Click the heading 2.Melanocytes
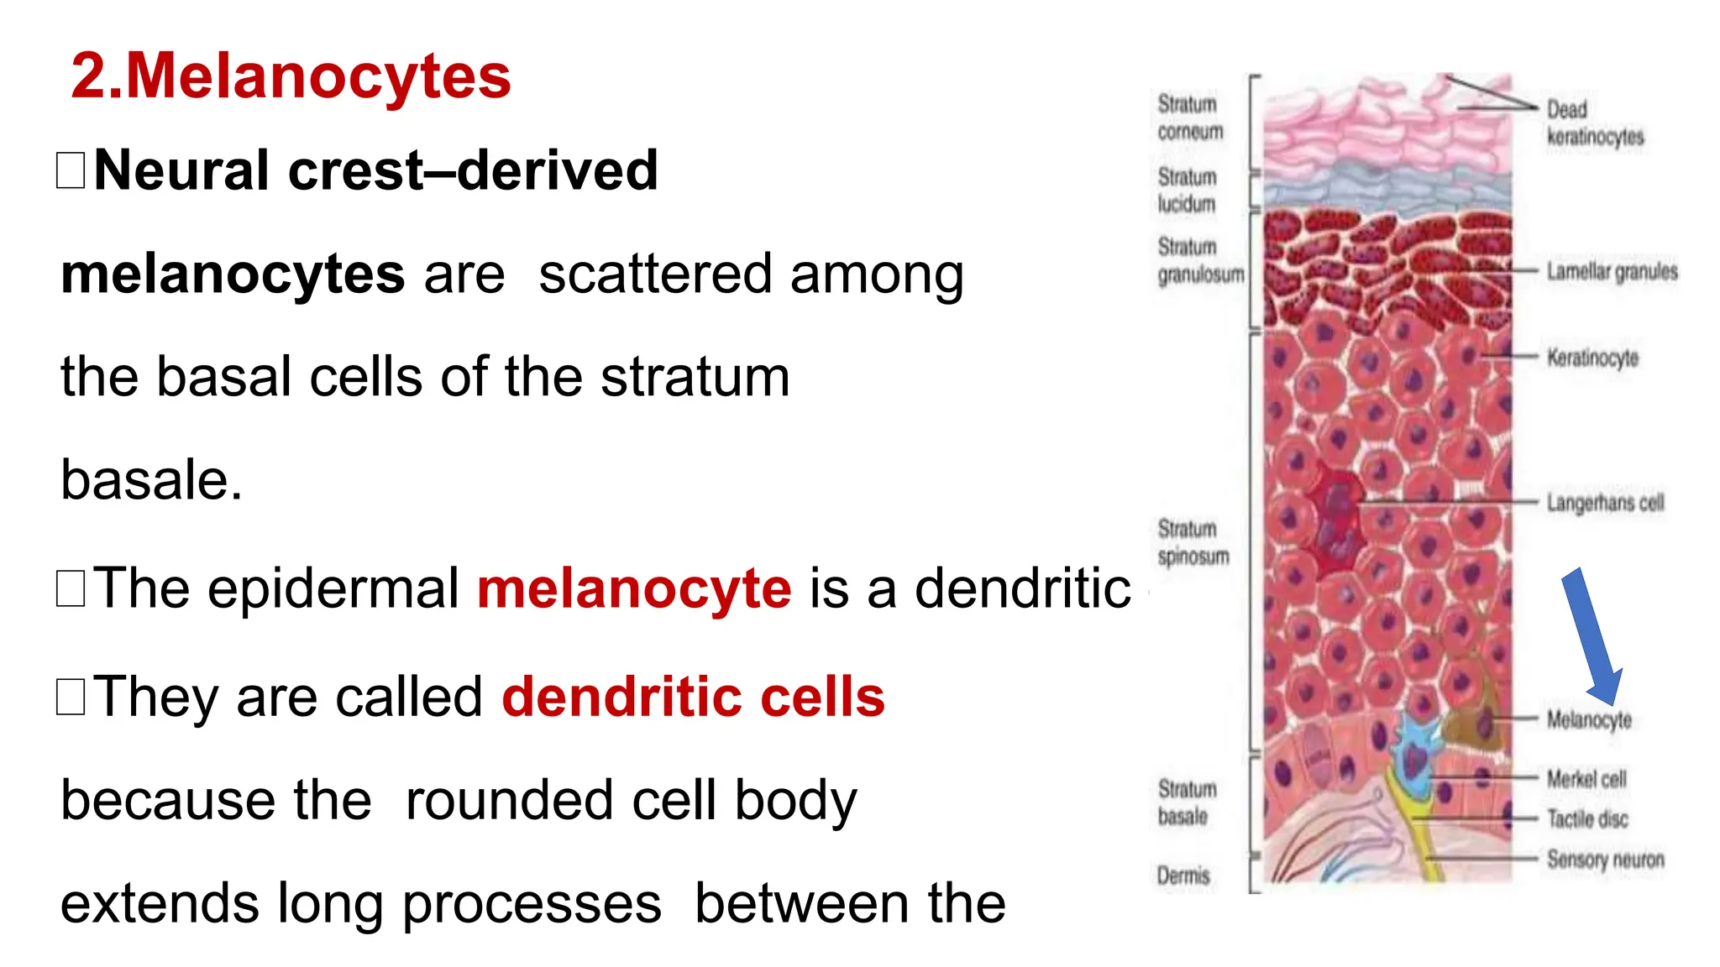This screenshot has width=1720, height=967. [291, 76]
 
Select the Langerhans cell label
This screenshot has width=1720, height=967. [1605, 503]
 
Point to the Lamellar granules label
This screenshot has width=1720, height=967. [1612, 272]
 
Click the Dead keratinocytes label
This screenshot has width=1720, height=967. [1594, 123]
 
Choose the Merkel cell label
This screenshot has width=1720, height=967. [1586, 779]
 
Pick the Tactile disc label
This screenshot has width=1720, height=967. [1587, 818]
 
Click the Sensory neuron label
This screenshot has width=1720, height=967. [1605, 860]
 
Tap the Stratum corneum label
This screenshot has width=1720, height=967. [1189, 118]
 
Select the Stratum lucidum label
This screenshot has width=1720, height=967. [1186, 191]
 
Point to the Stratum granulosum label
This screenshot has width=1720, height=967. [1199, 261]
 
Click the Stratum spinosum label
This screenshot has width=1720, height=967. [1193, 542]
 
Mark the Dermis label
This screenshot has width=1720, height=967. [1183, 876]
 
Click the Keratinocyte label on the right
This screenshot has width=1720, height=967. [1592, 358]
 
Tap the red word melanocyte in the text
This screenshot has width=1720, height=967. [634, 588]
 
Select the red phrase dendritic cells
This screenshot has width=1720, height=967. [693, 697]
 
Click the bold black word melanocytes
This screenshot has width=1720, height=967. [233, 274]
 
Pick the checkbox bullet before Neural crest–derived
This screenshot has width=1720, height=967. [71, 170]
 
